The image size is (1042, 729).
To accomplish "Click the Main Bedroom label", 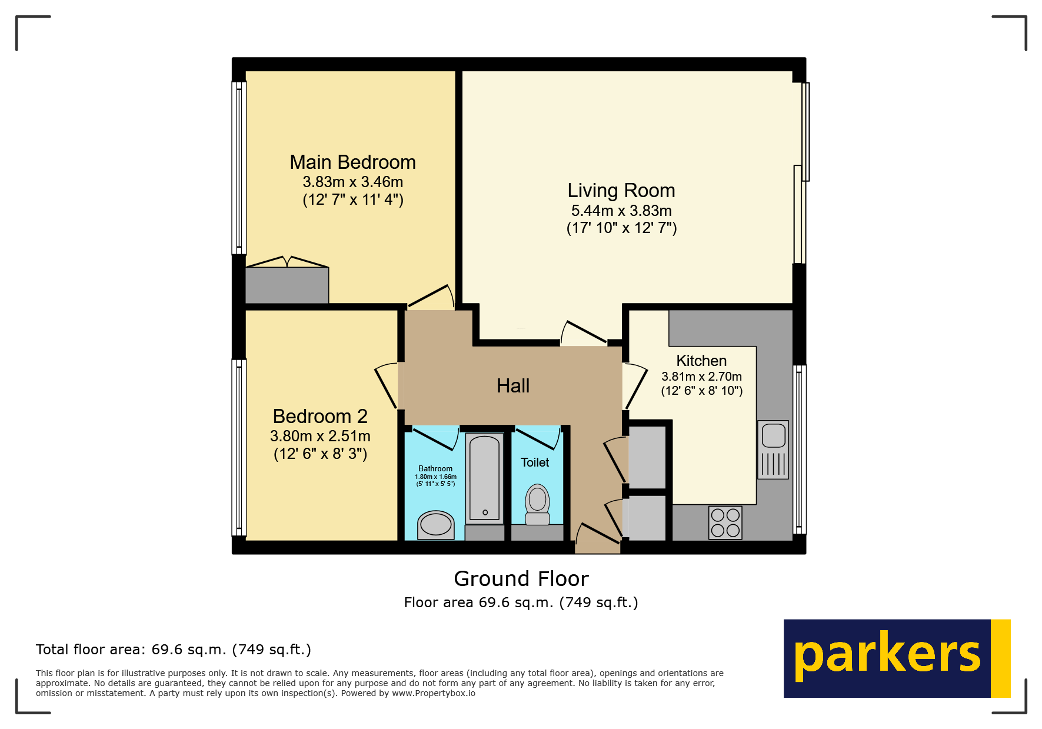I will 352,162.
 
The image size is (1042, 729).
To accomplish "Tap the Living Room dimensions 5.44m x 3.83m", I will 621,211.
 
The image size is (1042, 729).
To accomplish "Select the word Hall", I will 512,386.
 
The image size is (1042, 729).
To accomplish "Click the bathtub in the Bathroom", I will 484,478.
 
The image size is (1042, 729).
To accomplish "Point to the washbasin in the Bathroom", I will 435,524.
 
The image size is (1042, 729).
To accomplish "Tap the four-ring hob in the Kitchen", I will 725,522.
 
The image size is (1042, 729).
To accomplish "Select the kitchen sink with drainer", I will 773,450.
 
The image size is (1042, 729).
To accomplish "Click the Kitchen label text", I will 701,361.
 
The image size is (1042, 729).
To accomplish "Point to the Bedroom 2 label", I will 320,417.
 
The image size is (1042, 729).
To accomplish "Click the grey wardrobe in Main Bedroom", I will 287,285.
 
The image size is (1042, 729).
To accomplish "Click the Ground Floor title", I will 521,579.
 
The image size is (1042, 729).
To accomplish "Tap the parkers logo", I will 896,658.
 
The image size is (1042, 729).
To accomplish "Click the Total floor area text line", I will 173,650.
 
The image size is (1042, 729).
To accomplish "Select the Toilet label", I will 534,462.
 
